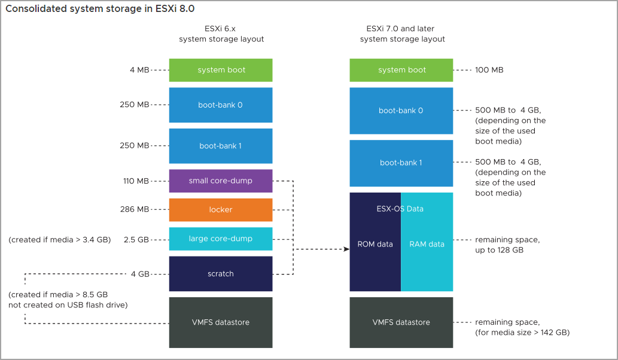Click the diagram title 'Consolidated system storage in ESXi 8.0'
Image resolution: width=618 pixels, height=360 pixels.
click(100, 9)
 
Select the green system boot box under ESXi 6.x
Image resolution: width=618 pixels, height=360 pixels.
click(221, 70)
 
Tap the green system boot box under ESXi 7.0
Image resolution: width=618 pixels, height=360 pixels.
click(401, 70)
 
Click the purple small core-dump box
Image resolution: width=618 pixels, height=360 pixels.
click(221, 181)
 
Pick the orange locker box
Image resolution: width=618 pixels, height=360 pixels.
click(221, 210)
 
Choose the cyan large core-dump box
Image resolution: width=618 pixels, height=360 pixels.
click(221, 239)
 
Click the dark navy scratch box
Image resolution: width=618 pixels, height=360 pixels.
click(221, 273)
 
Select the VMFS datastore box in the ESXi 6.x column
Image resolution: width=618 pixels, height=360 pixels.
click(221, 322)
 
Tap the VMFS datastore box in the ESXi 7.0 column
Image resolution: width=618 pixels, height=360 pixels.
click(401, 322)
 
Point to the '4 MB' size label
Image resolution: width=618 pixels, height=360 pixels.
click(139, 70)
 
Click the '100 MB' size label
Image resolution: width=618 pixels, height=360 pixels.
click(489, 70)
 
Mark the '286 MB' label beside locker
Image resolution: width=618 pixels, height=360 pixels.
click(135, 210)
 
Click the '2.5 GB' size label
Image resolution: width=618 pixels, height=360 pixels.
click(136, 239)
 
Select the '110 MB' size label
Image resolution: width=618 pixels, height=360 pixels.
click(135, 181)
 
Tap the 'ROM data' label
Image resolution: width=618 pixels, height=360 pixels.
click(375, 244)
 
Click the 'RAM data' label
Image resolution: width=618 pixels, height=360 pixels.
click(427, 244)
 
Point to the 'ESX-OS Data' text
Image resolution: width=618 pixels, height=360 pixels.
click(400, 209)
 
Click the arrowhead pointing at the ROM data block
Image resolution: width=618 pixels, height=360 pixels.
click(346, 249)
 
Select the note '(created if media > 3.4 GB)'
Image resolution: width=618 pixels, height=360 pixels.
click(59, 239)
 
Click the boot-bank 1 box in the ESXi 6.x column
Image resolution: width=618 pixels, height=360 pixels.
click(221, 146)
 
